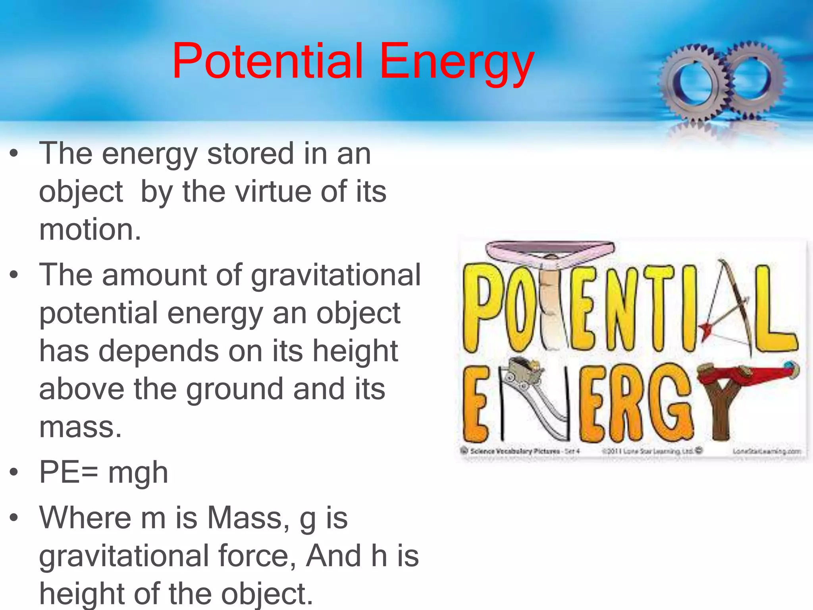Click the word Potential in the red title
(x=268, y=62)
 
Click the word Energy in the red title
(x=457, y=64)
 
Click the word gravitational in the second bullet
(x=335, y=275)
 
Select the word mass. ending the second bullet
(x=80, y=427)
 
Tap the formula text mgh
(x=138, y=473)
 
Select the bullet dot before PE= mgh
(x=14, y=472)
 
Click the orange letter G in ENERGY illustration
(x=669, y=403)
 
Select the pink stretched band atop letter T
(x=550, y=250)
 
